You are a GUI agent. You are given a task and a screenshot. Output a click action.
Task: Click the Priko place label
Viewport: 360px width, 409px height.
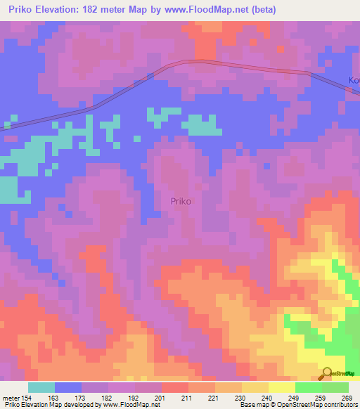[181, 200]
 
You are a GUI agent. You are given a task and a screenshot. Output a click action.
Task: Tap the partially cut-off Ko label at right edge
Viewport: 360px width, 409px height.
[354, 81]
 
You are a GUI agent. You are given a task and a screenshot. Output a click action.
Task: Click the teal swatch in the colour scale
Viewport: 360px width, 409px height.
[41, 387]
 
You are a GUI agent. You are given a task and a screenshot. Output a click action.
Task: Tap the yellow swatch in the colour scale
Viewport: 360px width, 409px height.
[281, 387]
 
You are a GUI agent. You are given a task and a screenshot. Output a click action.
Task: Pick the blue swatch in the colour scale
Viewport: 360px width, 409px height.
[67, 387]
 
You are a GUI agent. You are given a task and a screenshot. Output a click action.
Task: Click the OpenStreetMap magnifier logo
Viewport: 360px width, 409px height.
[327, 373]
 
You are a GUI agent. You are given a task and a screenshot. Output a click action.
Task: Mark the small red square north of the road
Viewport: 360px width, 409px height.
[281, 49]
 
